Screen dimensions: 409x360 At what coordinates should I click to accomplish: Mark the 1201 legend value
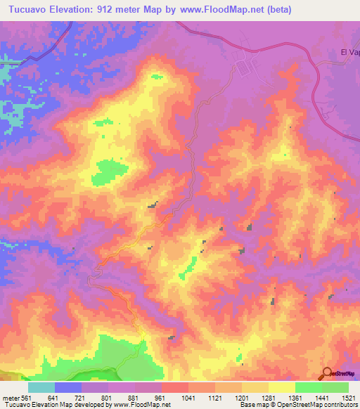242,398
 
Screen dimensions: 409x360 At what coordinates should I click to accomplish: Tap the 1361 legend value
295,398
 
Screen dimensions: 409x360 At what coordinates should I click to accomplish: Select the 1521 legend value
348,398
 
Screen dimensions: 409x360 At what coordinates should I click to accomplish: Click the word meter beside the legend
11,398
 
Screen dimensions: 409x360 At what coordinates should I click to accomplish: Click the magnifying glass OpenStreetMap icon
328,373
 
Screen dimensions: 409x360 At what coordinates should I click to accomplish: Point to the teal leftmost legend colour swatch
41,387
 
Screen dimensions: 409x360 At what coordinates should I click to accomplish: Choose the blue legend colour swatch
68,387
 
